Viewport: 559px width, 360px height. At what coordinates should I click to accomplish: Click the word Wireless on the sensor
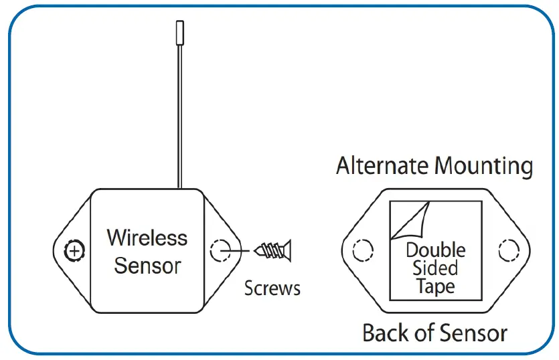pyautogui.click(x=147, y=238)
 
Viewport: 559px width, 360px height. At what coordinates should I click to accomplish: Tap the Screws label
pyautogui.click(x=272, y=288)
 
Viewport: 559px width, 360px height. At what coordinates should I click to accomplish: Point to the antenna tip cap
pyautogui.click(x=179, y=32)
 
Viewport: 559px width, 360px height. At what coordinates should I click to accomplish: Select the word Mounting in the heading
pyautogui.click(x=483, y=166)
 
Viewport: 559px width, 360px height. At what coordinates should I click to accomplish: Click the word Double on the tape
pyautogui.click(x=436, y=251)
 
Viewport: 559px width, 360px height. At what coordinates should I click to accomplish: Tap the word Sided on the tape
pyautogui.click(x=435, y=268)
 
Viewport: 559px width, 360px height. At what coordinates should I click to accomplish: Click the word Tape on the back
pyautogui.click(x=435, y=286)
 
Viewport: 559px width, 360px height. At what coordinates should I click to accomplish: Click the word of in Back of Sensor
pyautogui.click(x=421, y=333)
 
